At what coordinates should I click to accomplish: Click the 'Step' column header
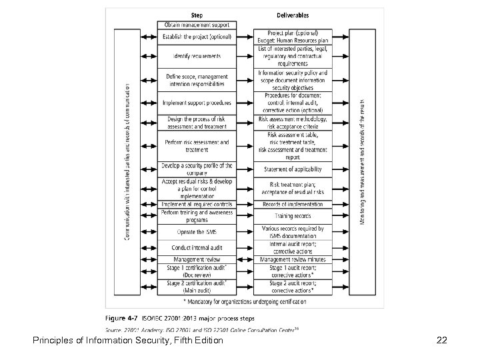tap(197, 15)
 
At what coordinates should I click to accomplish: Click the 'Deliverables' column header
tap(293, 15)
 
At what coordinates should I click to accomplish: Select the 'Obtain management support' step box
tap(197, 25)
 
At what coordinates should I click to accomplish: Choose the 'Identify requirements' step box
tap(197, 55)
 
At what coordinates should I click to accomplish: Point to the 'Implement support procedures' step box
tap(197, 103)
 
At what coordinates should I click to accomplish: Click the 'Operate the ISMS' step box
tap(197, 232)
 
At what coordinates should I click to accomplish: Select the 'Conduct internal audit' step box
tap(197, 248)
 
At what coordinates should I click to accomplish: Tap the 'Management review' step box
tap(197, 259)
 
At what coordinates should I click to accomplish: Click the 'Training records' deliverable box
tap(293, 216)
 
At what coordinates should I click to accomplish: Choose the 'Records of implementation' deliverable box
tap(293, 204)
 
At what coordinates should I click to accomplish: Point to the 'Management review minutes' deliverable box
tap(293, 259)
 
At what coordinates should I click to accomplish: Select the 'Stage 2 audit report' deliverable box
tap(293, 286)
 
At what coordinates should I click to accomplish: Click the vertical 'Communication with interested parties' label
tap(127, 162)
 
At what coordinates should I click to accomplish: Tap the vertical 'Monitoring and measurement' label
tap(363, 162)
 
